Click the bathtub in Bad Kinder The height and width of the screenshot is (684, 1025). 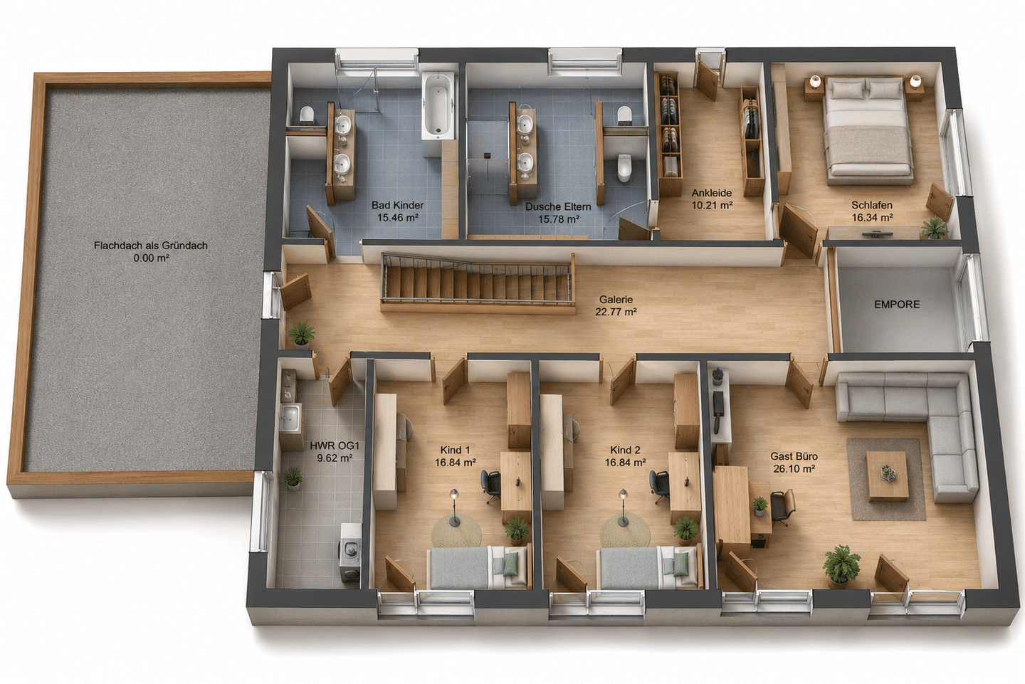coord(439,106)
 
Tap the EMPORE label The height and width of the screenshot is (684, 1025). coord(896,305)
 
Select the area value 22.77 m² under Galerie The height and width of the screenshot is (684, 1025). coord(616,312)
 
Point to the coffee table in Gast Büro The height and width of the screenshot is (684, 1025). coord(888,475)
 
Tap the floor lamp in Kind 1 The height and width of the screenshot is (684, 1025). coord(454,507)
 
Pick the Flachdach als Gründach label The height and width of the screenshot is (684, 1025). coord(151,246)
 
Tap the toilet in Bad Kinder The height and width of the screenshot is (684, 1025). coord(307,115)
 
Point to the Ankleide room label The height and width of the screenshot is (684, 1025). coord(712,193)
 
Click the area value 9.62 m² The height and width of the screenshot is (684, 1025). coord(335,458)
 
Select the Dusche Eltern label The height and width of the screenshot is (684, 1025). coord(558,207)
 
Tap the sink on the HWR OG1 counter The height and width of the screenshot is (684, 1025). coord(290,418)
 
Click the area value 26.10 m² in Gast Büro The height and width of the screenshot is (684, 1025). coord(794,469)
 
